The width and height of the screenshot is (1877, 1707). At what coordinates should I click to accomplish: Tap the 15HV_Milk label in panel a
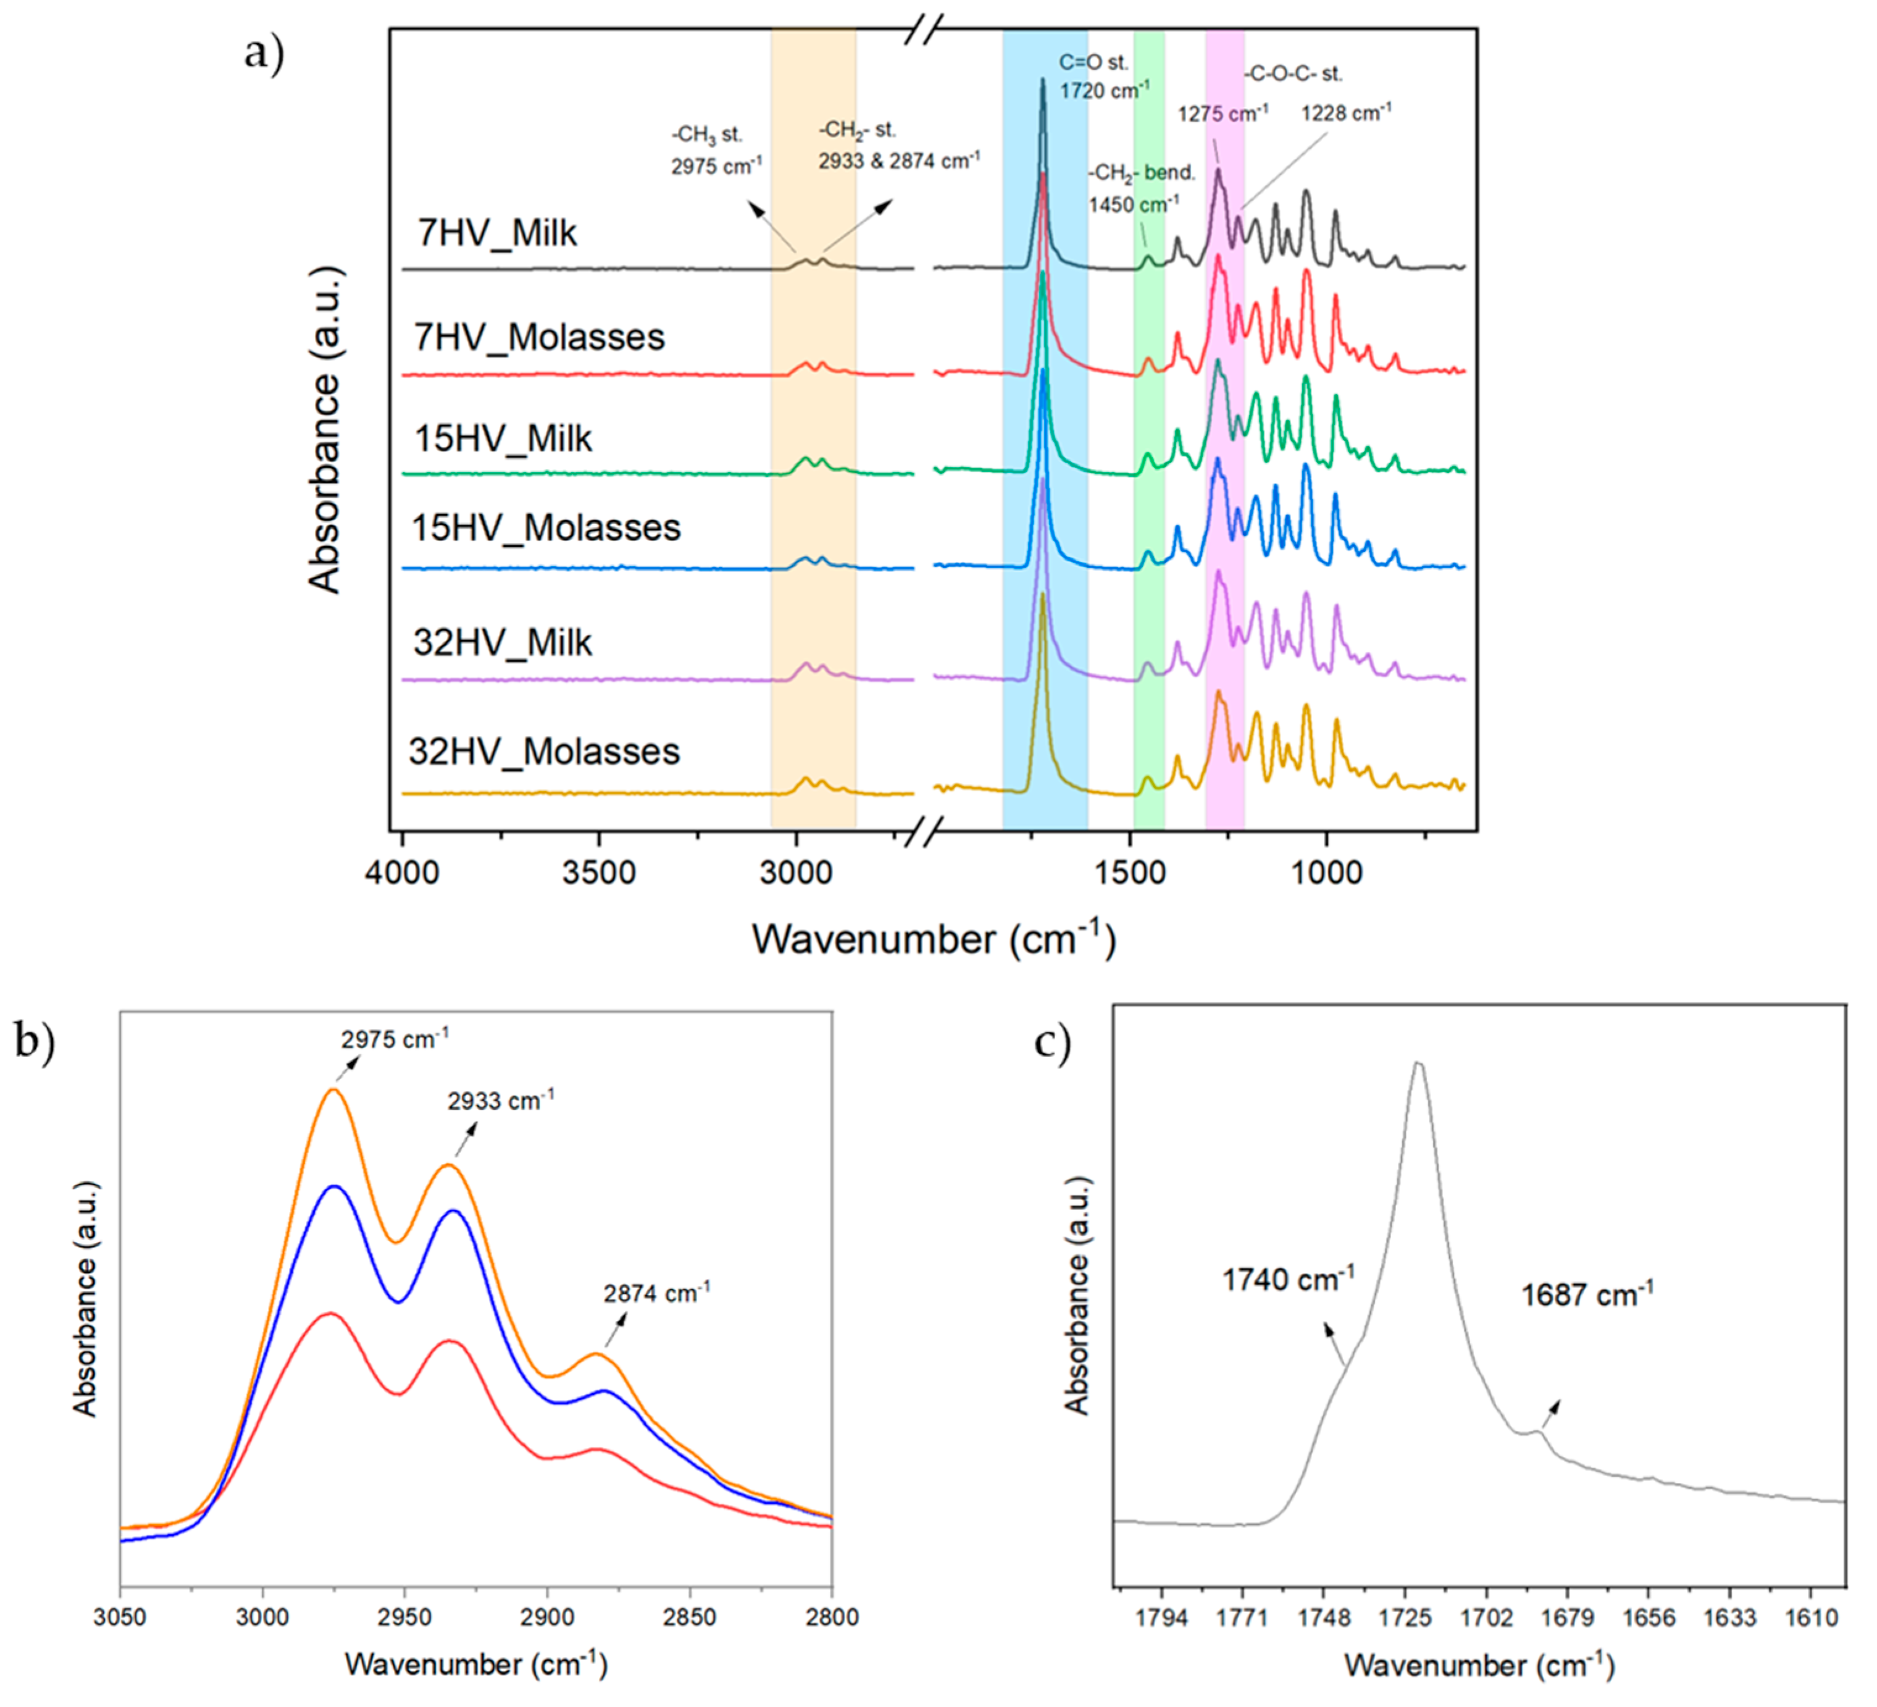503,438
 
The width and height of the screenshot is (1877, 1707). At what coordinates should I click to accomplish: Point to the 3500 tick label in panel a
599,873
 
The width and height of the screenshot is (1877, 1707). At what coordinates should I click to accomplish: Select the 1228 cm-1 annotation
1346,114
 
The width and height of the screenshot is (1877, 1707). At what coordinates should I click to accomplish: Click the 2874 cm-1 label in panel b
656,1293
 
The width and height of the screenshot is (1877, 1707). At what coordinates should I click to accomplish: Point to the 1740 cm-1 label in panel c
1287,1280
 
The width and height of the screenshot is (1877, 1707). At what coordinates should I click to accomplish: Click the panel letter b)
35,1042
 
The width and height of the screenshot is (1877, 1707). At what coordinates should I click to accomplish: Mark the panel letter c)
1052,1042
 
